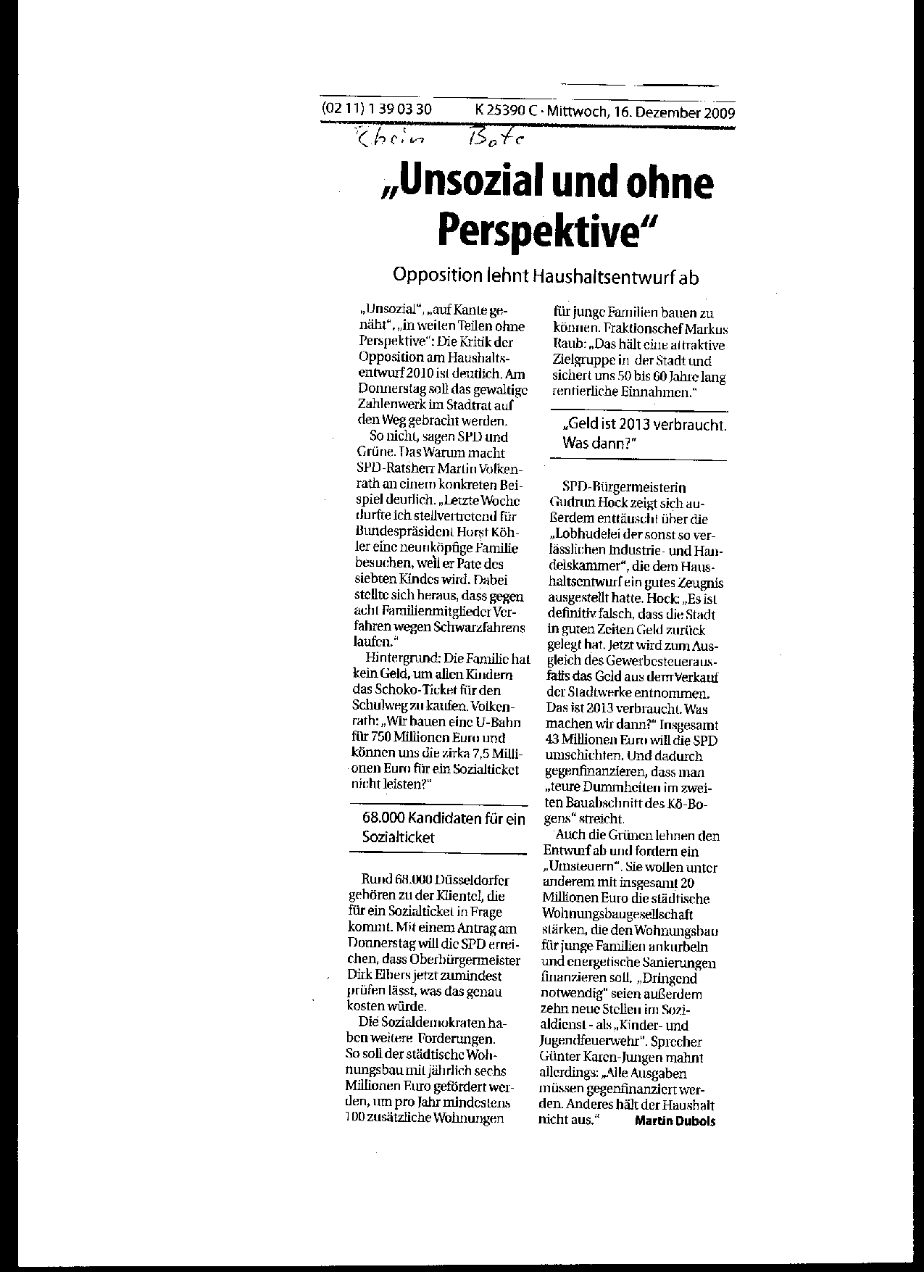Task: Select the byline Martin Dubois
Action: [x=675, y=1121]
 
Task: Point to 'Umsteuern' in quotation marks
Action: [x=577, y=867]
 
